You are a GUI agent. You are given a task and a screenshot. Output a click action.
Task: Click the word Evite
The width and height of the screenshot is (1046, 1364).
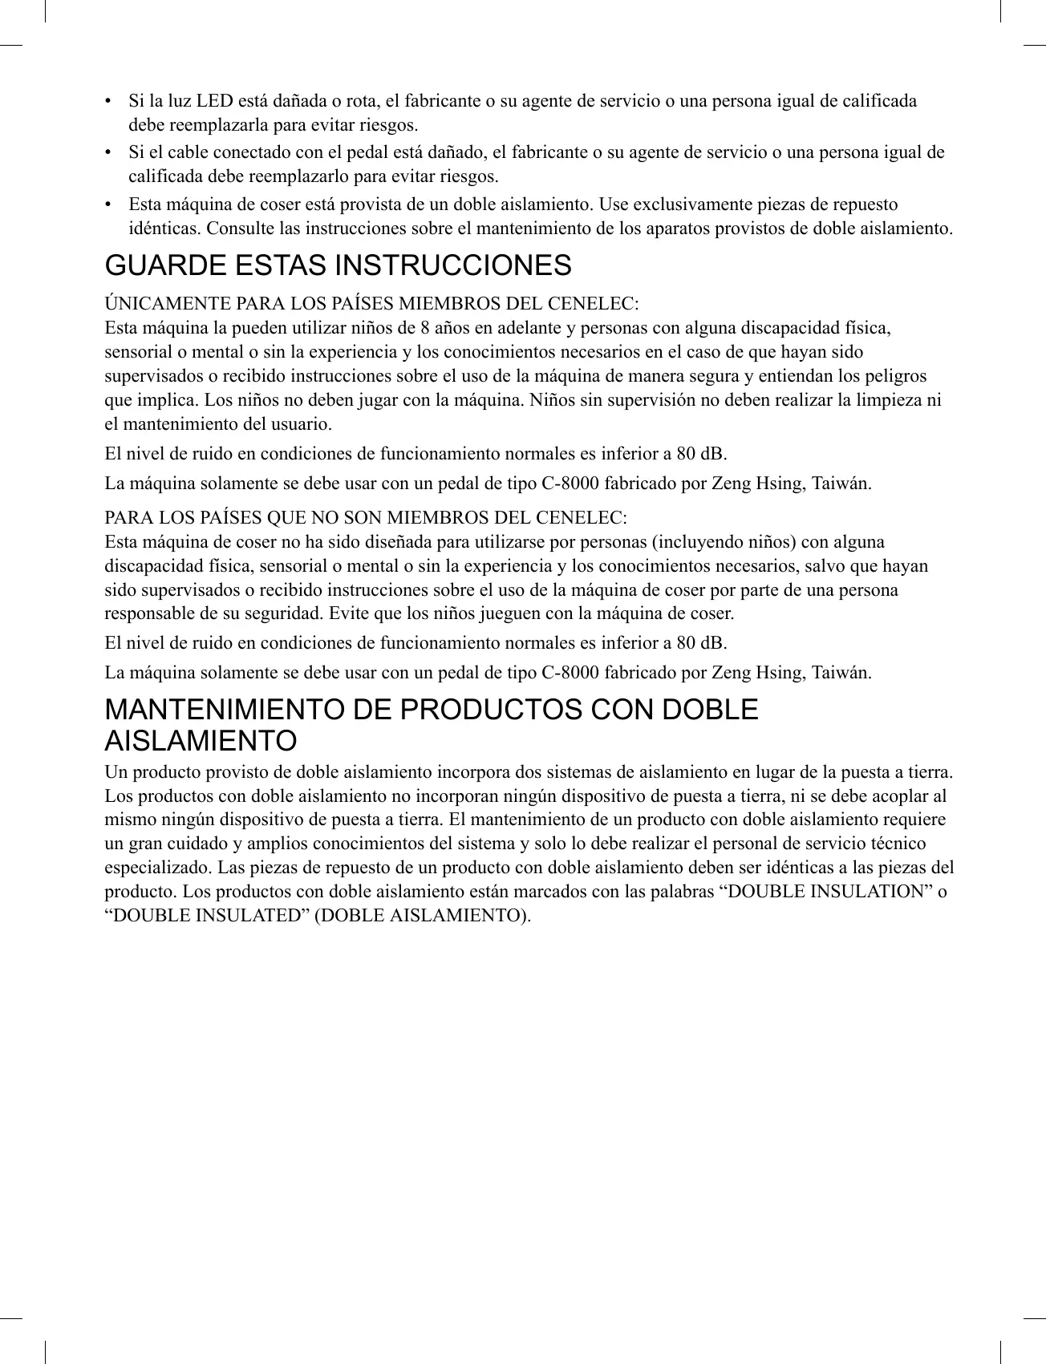(347, 614)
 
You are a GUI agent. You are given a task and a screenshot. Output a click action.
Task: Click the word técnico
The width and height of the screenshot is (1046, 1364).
(901, 844)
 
